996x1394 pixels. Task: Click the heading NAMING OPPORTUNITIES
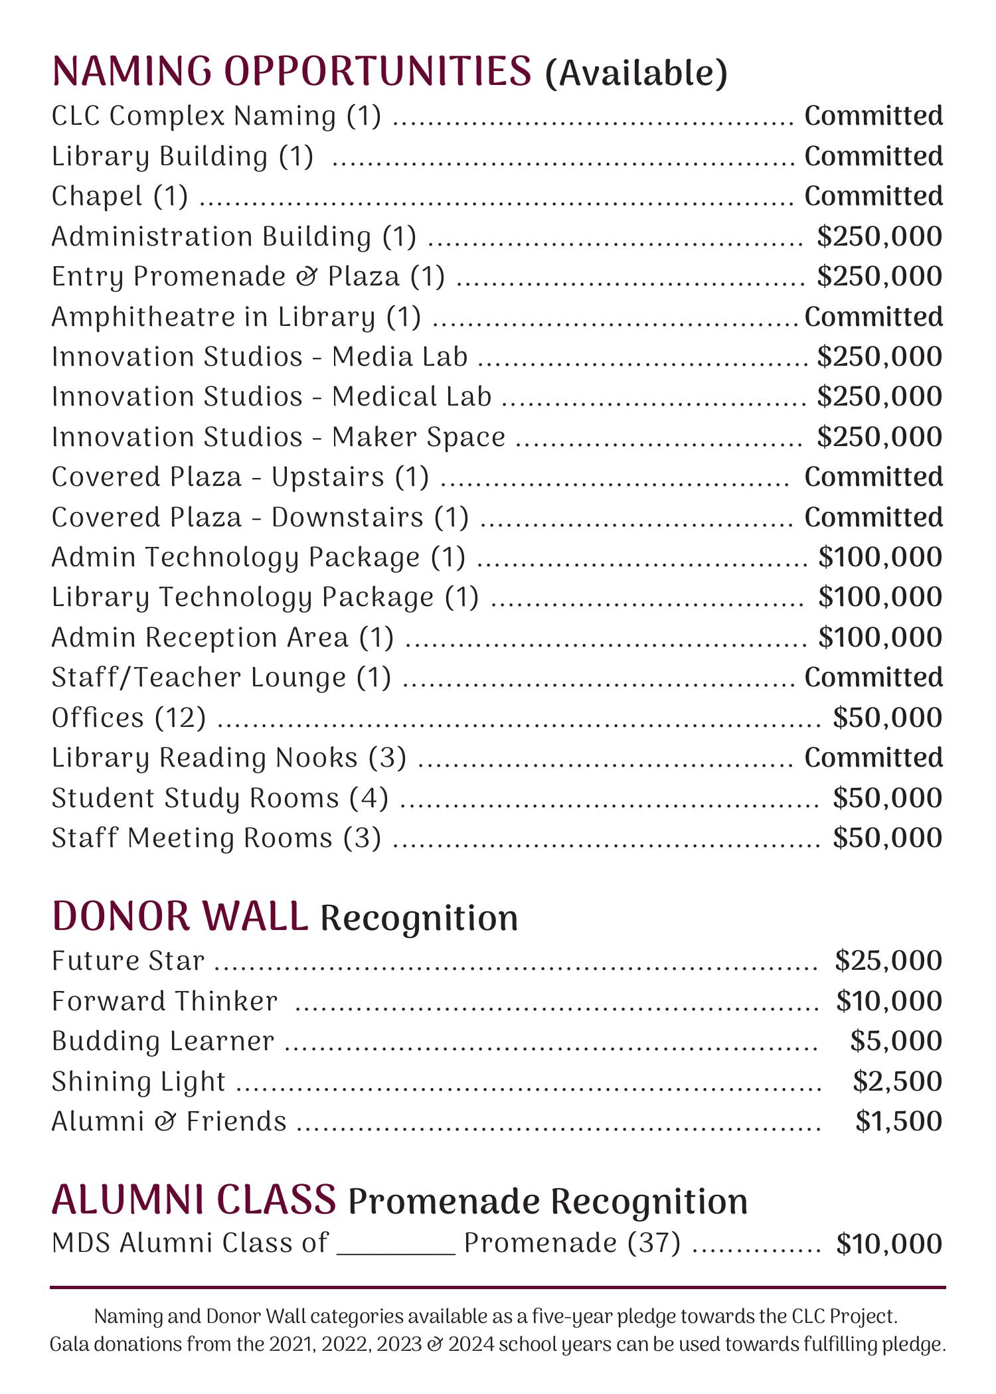tap(291, 71)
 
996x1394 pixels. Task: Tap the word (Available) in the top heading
tap(636, 73)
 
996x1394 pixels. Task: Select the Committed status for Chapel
tap(873, 196)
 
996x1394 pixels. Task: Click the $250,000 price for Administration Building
tap(879, 237)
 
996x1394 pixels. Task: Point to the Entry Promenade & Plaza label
tap(248, 277)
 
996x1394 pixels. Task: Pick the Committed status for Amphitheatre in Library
tap(873, 317)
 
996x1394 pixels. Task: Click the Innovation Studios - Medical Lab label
tap(272, 397)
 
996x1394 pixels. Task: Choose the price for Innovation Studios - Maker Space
tap(879, 437)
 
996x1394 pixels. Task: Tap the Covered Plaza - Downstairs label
tap(260, 518)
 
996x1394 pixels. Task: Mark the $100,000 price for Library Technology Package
tap(880, 597)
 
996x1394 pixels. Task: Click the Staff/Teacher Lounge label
tap(221, 678)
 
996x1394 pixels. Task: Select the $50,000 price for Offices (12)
tap(887, 718)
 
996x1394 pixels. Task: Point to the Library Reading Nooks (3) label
tap(229, 758)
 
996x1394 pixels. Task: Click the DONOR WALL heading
tap(180, 917)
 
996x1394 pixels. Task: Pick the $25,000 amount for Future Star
tap(888, 961)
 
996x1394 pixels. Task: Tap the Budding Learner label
tap(163, 1042)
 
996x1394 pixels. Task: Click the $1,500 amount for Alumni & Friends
tap(898, 1122)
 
